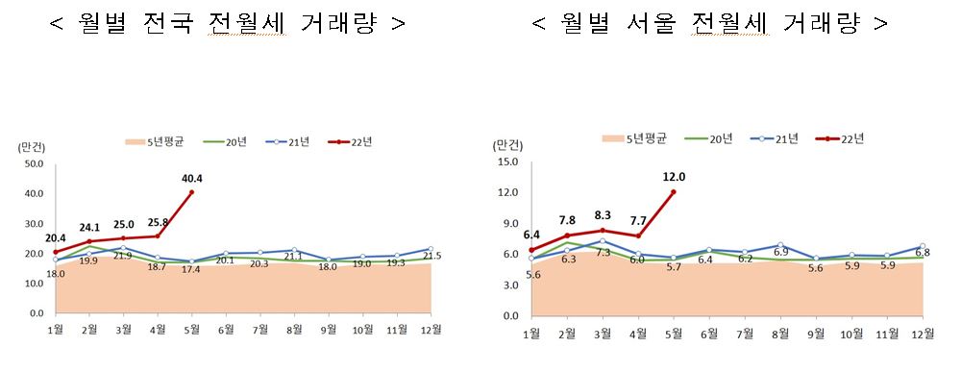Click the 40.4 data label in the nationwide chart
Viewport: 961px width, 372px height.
[191, 177]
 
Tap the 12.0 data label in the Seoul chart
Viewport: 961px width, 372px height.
[674, 177]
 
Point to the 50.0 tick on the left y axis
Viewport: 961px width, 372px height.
[34, 164]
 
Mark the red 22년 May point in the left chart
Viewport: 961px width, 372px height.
[192, 192]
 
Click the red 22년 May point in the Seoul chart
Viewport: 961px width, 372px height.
[674, 192]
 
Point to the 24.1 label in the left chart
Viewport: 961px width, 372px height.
[89, 228]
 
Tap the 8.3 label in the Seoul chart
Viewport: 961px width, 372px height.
[603, 216]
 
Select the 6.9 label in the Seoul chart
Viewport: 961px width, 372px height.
[781, 253]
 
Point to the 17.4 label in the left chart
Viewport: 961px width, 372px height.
[192, 269]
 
